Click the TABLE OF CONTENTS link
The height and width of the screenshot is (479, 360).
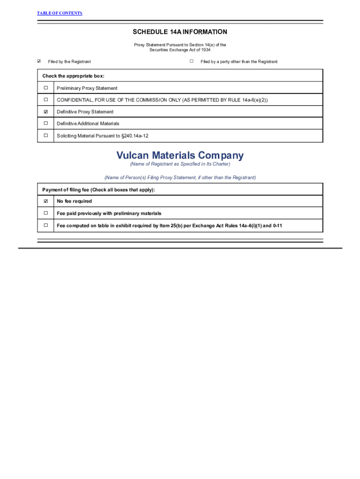[59, 13]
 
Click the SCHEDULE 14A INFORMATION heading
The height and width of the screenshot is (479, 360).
[180, 32]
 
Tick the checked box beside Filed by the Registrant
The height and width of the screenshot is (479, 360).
[39, 61]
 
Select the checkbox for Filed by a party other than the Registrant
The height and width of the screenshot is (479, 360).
[192, 61]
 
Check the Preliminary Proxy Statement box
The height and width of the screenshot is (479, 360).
[46, 88]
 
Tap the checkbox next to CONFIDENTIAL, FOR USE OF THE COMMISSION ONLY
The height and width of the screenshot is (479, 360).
[46, 100]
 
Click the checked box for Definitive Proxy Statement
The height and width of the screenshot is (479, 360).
[46, 112]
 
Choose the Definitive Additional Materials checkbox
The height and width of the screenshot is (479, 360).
[46, 123]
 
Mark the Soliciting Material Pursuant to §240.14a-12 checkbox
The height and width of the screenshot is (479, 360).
[46, 136]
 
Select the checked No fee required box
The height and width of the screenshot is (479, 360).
[46, 201]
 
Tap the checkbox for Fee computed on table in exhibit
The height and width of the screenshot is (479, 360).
[46, 225]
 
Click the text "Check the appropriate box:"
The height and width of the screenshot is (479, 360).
[73, 76]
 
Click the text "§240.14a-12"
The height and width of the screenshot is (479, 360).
[135, 136]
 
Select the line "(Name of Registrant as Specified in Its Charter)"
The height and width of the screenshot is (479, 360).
[180, 164]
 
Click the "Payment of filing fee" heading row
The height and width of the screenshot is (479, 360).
[99, 190]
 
